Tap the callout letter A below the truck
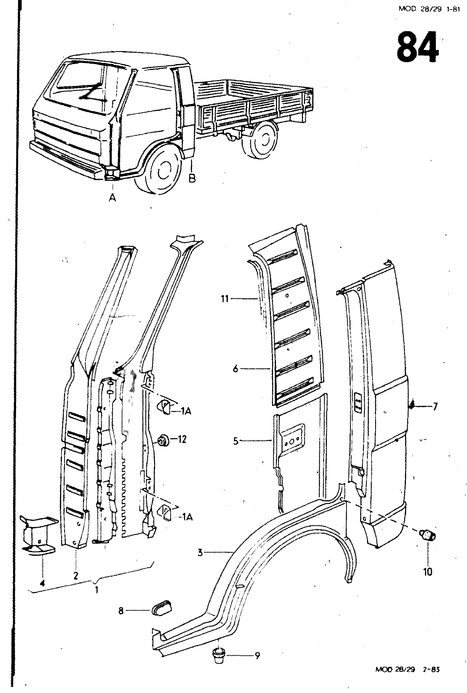click(x=113, y=198)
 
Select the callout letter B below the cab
click(x=192, y=178)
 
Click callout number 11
click(x=224, y=298)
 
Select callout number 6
click(x=235, y=369)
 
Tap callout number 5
click(x=235, y=441)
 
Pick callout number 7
click(x=435, y=406)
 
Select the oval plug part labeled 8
click(x=161, y=611)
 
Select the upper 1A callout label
click(x=186, y=411)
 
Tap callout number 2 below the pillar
click(x=76, y=576)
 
